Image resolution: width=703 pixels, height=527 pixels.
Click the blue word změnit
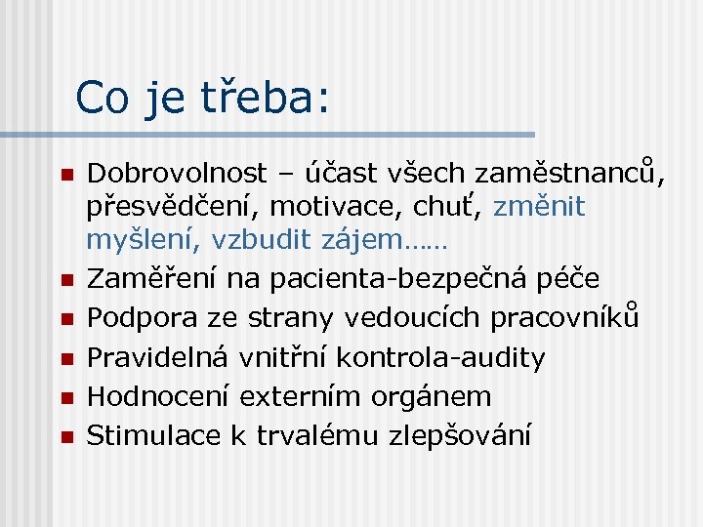[x=539, y=207]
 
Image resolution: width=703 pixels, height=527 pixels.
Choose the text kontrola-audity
[x=440, y=357]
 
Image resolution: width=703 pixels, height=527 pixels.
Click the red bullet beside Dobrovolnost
[x=65, y=175]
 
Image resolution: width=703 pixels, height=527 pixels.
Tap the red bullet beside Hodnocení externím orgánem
[x=65, y=397]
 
